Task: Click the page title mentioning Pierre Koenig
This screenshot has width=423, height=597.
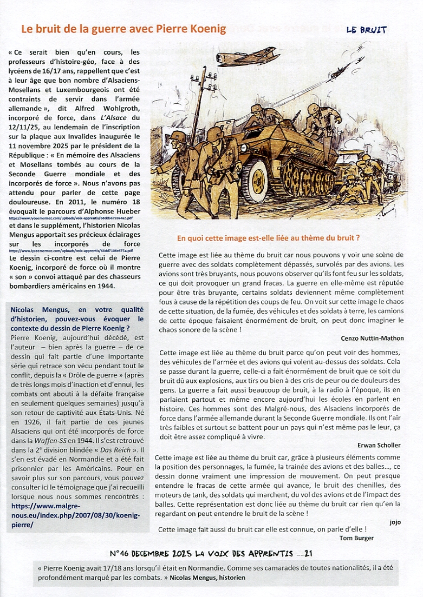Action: pyautogui.click(x=123, y=29)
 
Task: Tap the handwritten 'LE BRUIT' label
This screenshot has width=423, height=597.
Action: pyautogui.click(x=367, y=30)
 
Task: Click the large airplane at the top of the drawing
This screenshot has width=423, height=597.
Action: pyautogui.click(x=248, y=56)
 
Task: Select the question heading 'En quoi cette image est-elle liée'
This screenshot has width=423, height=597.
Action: pyautogui.click(x=269, y=237)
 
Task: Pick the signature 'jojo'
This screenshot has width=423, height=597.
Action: pyautogui.click(x=395, y=522)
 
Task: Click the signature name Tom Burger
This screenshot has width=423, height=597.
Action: pyautogui.click(x=356, y=538)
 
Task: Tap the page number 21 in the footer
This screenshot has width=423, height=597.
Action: pyautogui.click(x=309, y=554)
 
